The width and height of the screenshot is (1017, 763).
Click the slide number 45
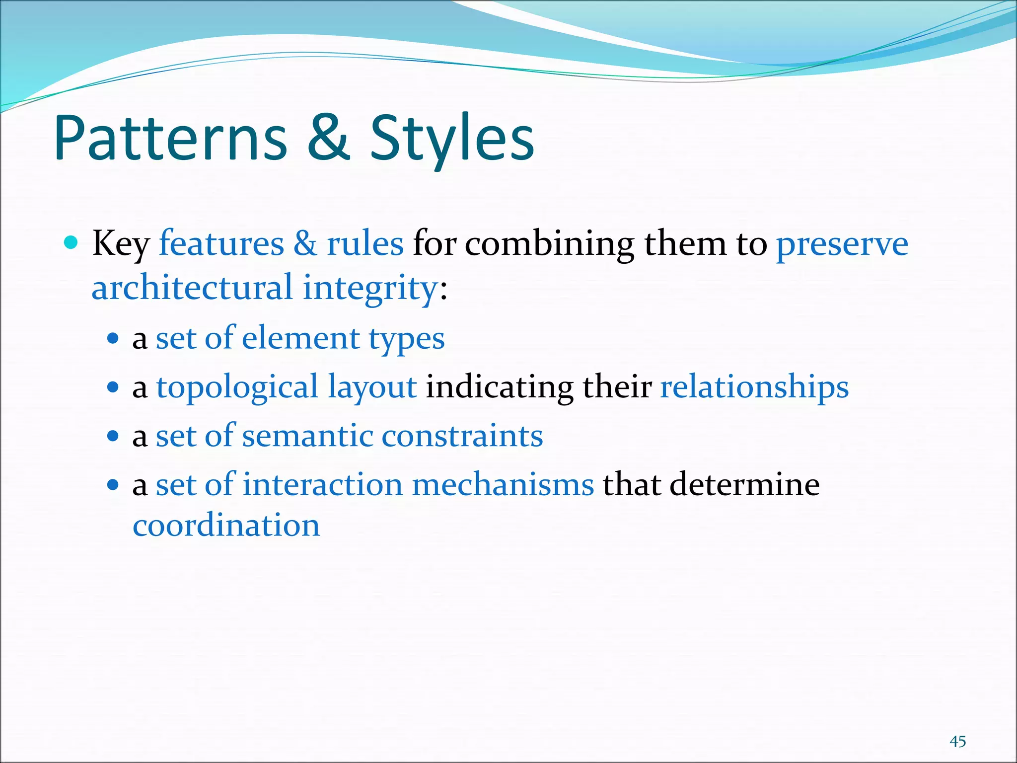[x=957, y=742]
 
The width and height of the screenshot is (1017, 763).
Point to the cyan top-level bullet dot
[x=72, y=243]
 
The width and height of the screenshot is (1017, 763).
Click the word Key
[x=121, y=244]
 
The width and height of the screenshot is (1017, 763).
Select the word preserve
[x=842, y=244]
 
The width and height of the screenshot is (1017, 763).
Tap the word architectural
[x=192, y=288]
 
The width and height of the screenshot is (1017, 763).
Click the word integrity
[x=370, y=289]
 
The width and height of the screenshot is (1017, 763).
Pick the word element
[x=300, y=338]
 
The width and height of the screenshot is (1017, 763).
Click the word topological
[x=237, y=387]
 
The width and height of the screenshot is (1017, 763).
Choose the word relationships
[x=754, y=387]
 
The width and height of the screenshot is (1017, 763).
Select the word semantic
[x=307, y=436]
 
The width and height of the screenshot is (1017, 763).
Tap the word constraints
[x=462, y=436]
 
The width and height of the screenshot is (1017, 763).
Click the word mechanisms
[x=503, y=484]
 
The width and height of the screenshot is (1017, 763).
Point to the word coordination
[x=226, y=525]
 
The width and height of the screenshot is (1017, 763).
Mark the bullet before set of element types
[x=113, y=339]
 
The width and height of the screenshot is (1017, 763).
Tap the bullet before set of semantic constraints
[x=113, y=436]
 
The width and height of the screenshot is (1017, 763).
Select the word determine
[x=744, y=484]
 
